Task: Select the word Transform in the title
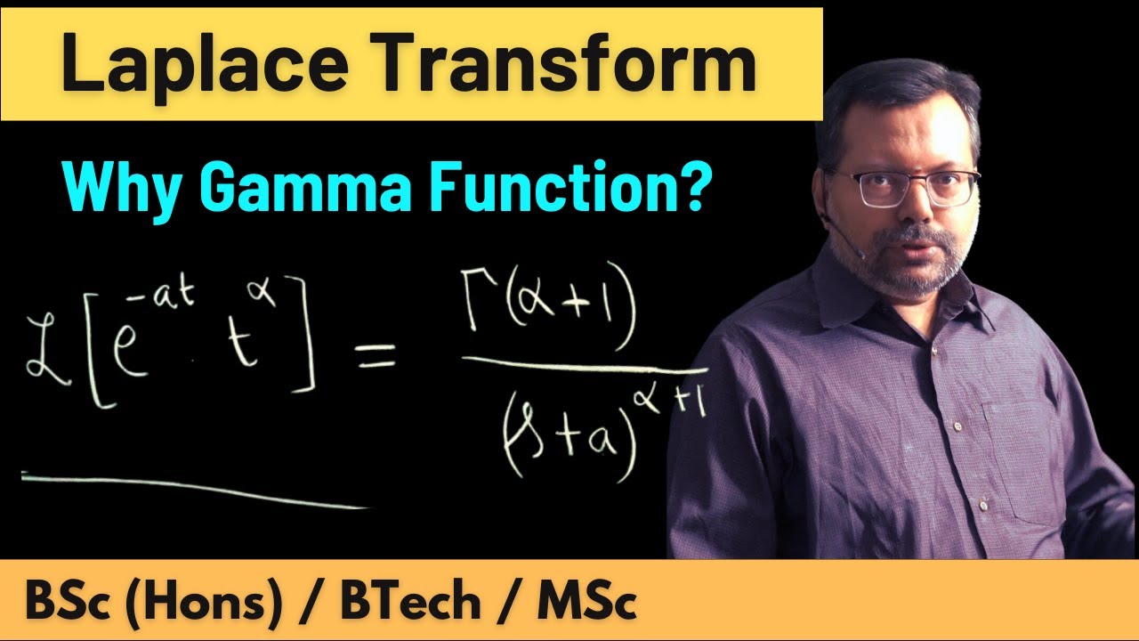[562, 65]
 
